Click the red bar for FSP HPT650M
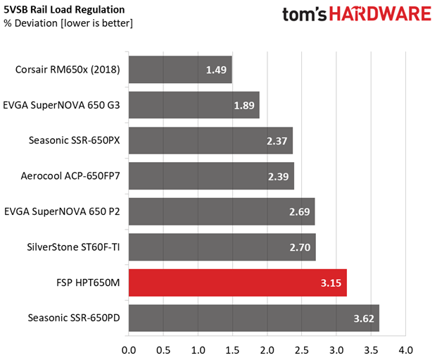click(238, 283)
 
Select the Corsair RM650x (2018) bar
click(180, 70)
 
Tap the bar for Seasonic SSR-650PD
click(254, 318)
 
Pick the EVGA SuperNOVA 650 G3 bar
click(194, 105)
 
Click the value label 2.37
click(278, 141)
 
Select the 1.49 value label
click(217, 70)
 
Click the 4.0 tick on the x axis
click(405, 349)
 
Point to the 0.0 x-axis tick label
click(129, 349)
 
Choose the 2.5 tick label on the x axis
click(302, 349)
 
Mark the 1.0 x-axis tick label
click(198, 349)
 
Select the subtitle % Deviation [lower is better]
click(68, 23)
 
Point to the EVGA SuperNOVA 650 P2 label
click(62, 211)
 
